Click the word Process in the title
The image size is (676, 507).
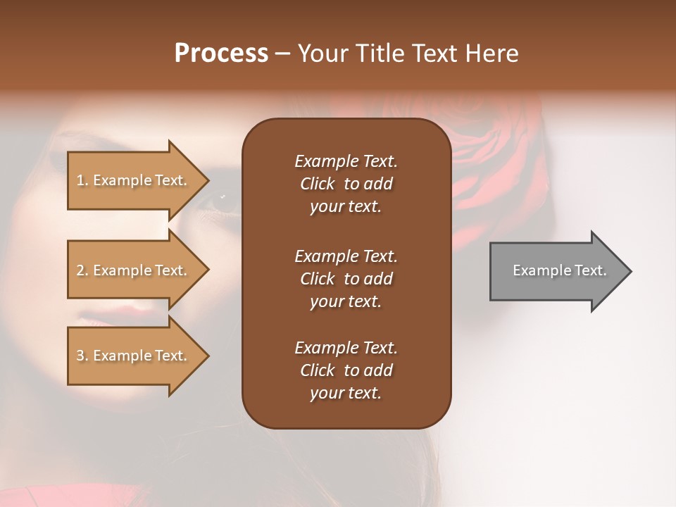coord(221,54)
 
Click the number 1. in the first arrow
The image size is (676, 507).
coord(82,180)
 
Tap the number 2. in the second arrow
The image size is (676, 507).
coord(82,270)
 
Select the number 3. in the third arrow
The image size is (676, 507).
coord(82,356)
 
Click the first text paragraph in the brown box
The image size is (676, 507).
coord(346,184)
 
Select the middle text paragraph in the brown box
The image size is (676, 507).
coord(346,278)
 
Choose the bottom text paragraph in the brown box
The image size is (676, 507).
coord(346,370)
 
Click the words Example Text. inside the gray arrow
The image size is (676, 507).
coord(560,270)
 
